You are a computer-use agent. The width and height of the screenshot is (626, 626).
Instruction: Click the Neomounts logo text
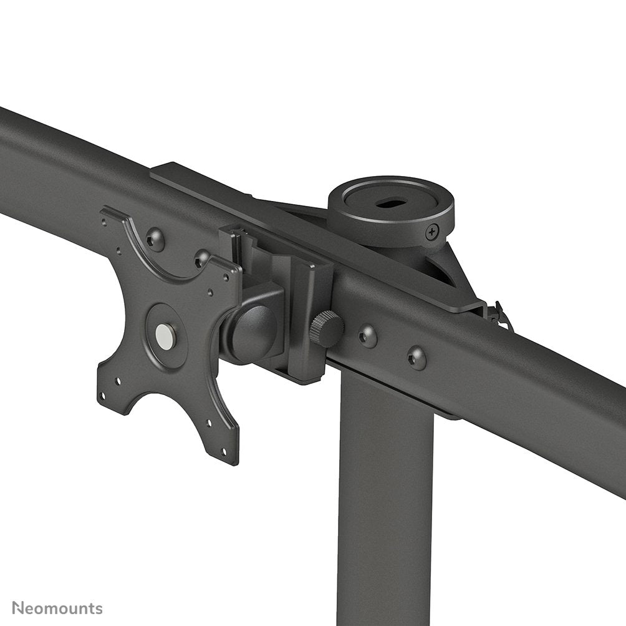57,609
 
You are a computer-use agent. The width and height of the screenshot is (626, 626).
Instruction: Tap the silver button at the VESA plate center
165,336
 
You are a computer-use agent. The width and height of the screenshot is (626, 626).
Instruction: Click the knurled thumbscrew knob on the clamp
326,329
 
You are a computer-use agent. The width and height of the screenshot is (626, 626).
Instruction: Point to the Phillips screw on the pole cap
433,233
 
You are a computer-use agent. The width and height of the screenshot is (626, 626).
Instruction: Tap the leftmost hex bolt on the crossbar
155,238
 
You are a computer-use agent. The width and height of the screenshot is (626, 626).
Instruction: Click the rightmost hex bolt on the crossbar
417,358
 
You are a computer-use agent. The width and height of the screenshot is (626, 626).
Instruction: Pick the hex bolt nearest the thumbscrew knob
367,336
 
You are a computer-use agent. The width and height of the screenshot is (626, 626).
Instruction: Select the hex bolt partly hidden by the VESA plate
201,257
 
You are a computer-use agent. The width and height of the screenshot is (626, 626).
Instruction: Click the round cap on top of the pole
391,210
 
